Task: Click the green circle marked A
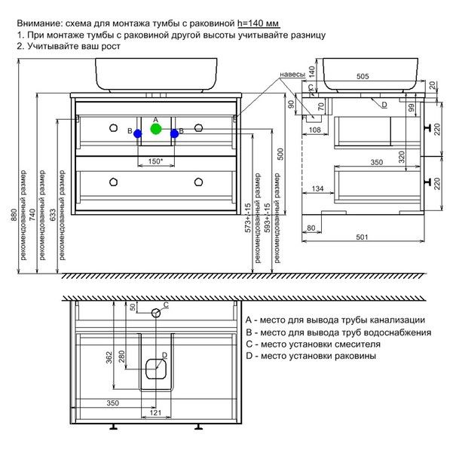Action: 155,129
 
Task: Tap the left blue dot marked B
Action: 137,133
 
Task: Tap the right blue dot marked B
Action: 174,133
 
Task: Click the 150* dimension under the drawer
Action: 156,161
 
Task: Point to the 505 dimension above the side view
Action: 363,76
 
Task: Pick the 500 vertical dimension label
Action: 280,155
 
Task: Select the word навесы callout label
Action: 292,75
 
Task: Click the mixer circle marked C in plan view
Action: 156,312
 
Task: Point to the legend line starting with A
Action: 340,320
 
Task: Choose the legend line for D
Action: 316,356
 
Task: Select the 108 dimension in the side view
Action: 316,130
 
